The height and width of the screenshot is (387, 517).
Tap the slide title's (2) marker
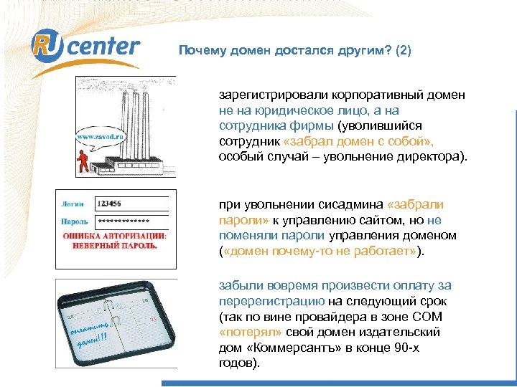pyautogui.click(x=403, y=52)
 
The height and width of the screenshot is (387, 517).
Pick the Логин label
pyautogui.click(x=74, y=204)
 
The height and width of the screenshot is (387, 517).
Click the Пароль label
pyautogui.click(x=75, y=221)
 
